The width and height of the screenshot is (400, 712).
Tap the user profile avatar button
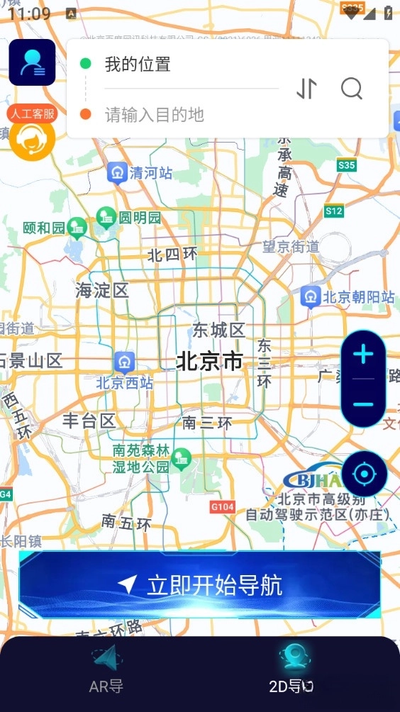pyautogui.click(x=32, y=62)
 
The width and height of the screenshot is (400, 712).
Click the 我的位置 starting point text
pyautogui.click(x=138, y=65)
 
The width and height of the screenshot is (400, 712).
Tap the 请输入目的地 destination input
pyautogui.click(x=155, y=114)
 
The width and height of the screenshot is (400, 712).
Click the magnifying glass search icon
pyautogui.click(x=352, y=89)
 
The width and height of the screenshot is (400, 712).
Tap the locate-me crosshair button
pyautogui.click(x=364, y=473)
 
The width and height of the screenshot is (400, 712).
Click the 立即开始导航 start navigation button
pyautogui.click(x=199, y=585)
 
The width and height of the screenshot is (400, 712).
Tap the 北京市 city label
pyautogui.click(x=209, y=362)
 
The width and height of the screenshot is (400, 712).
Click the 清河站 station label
pyautogui.click(x=150, y=172)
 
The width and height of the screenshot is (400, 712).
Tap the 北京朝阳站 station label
pyautogui.click(x=358, y=297)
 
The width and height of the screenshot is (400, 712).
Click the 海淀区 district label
pyautogui.click(x=102, y=290)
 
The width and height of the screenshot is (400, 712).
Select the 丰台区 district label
pyautogui.click(x=89, y=421)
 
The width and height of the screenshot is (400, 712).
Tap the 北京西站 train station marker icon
pyautogui.click(x=126, y=361)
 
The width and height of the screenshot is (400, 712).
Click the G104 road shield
pyautogui.click(x=223, y=506)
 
